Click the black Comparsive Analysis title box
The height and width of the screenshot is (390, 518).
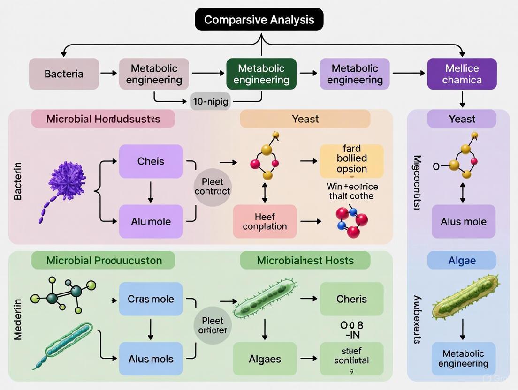[259, 20]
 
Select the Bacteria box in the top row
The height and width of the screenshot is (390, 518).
[64, 74]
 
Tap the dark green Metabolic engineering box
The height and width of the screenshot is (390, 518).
[261, 74]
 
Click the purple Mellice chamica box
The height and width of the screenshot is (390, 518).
[462, 74]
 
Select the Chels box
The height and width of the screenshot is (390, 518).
[151, 161]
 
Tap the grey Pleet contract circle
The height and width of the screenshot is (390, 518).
[212, 186]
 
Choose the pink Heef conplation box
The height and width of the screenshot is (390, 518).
[265, 221]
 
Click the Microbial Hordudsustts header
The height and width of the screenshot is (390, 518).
[103, 119]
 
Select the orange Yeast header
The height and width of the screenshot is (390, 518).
[305, 119]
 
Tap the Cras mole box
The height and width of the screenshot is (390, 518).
[151, 299]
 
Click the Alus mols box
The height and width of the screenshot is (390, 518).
[151, 359]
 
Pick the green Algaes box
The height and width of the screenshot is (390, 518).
[265, 359]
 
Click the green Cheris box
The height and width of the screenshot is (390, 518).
[351, 299]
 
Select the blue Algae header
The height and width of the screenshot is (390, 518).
[462, 260]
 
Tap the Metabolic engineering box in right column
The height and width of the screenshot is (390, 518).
[463, 359]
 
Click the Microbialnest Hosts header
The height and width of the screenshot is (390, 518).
[305, 260]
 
